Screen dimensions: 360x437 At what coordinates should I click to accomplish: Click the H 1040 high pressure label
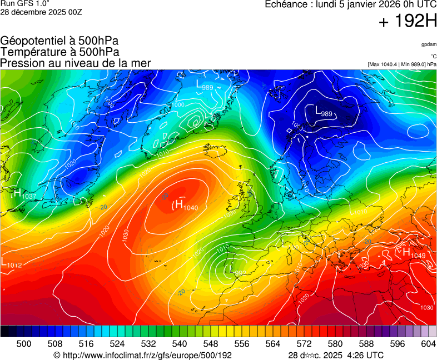[x=185, y=205]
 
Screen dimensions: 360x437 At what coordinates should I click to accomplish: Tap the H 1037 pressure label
[x=23, y=194]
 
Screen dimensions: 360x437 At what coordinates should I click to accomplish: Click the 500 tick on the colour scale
[x=24, y=344]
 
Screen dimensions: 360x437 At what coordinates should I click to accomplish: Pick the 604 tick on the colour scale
[x=428, y=344]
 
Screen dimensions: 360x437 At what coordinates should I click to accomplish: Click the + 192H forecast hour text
[x=408, y=22]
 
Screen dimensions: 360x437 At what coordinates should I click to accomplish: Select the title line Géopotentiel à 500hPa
[x=59, y=41]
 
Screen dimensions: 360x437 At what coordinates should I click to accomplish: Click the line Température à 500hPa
[x=59, y=52]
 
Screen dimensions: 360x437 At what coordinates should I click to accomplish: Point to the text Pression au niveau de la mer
[x=76, y=63]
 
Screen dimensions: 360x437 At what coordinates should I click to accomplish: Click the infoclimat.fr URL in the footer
[x=142, y=355]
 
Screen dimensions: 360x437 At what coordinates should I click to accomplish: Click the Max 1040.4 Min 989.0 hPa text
[x=401, y=64]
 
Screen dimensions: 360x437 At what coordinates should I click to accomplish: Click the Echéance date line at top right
[x=350, y=4]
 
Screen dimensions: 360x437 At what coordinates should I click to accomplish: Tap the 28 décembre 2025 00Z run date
[x=41, y=12]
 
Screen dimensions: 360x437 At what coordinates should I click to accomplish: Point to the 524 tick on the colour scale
[x=117, y=344]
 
